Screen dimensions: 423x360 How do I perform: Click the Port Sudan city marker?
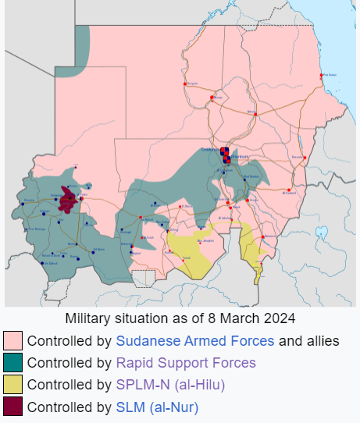[322, 76]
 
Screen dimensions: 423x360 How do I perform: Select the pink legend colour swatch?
[12, 341]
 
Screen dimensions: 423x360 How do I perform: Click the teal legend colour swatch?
[12, 363]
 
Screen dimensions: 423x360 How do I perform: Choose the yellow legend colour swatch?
[12, 385]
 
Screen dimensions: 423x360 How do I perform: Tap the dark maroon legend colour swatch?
[12, 407]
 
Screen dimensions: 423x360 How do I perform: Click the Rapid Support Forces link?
[186, 363]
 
